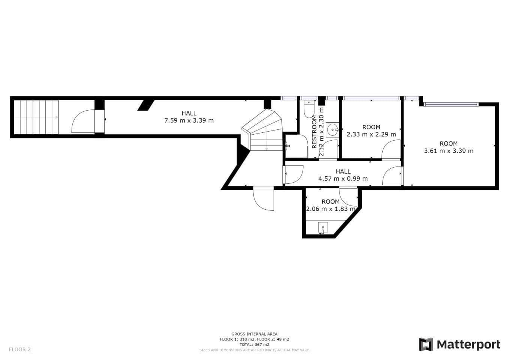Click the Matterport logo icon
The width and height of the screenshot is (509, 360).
click(426, 344)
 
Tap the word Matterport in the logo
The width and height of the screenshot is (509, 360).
click(469, 345)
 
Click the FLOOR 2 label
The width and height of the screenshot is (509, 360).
click(20, 349)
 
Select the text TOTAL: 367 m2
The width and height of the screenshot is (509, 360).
click(254, 345)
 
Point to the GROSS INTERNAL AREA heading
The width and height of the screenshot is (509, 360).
click(254, 334)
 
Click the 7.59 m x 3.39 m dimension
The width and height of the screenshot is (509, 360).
click(189, 120)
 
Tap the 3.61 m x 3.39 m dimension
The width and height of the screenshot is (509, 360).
click(449, 151)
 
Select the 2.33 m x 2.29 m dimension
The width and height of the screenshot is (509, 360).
click(371, 134)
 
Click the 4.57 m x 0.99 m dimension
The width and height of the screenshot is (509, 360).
click(343, 178)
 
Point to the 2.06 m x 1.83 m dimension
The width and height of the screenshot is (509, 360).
click(331, 209)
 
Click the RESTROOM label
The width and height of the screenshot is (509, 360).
click(314, 132)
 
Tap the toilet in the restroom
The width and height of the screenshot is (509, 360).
click(309, 109)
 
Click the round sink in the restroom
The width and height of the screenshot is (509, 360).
click(332, 130)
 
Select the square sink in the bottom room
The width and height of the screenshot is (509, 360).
click(323, 228)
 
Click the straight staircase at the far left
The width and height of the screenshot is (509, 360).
click(36, 117)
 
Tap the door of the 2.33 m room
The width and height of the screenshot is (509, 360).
click(391, 150)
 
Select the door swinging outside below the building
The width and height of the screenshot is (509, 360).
click(263, 198)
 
